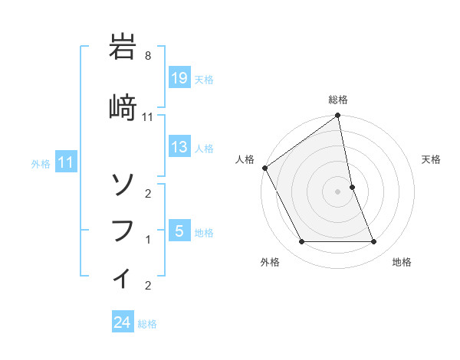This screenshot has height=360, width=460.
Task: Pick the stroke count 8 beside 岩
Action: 148,56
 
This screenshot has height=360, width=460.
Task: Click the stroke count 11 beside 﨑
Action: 148,116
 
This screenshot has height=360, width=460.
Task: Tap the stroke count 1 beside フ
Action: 148,240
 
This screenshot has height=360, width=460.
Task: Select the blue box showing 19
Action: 179,78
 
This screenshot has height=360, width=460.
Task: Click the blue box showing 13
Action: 179,147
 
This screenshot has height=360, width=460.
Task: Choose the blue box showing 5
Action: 179,231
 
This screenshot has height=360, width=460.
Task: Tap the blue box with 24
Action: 123,323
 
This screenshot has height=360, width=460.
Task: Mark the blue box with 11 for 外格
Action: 66,162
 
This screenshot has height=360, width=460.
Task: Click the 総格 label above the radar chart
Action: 338,100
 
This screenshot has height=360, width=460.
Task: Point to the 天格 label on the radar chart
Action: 432,159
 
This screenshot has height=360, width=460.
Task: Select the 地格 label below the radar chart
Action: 402,263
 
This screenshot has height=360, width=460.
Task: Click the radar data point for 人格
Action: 264,168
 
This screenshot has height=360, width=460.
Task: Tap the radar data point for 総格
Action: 338,116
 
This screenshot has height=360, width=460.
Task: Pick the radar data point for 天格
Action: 352,187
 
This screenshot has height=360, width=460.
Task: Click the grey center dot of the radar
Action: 338,191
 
